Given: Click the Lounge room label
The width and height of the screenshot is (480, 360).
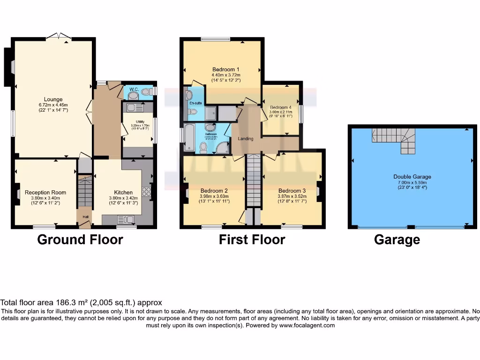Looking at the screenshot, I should (53, 99).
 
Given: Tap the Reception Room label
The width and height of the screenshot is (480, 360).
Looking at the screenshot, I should (45, 192).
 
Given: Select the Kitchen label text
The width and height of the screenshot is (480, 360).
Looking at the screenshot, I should (123, 192).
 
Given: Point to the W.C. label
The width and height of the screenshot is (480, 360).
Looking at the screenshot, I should (133, 90).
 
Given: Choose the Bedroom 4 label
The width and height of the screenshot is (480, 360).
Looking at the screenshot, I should (280, 107).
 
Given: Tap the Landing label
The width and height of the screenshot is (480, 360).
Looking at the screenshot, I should (246, 139).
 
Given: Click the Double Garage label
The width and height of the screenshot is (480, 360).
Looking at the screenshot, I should (412, 177).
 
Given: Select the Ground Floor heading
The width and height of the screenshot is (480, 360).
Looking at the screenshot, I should (80, 240).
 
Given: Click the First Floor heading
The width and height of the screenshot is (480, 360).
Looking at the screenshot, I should (252, 240).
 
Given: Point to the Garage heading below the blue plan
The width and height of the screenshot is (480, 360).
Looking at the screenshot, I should (397, 240).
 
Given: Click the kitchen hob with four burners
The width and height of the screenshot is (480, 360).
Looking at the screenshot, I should (146, 191).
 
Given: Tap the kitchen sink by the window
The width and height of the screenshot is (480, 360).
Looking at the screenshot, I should (126, 219).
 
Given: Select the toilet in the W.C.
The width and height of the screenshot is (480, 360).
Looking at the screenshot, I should (147, 92).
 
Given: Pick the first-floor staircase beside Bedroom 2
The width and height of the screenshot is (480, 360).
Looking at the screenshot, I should (253, 180).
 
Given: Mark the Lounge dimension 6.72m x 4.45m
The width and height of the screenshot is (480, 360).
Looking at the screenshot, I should (53, 105).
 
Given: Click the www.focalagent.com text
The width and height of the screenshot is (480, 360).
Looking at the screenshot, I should (307, 325).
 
